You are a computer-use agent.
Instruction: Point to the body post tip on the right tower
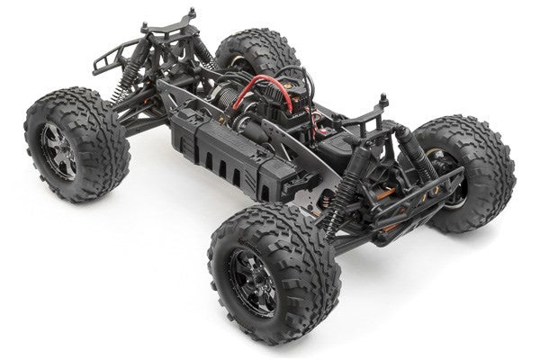384,96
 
